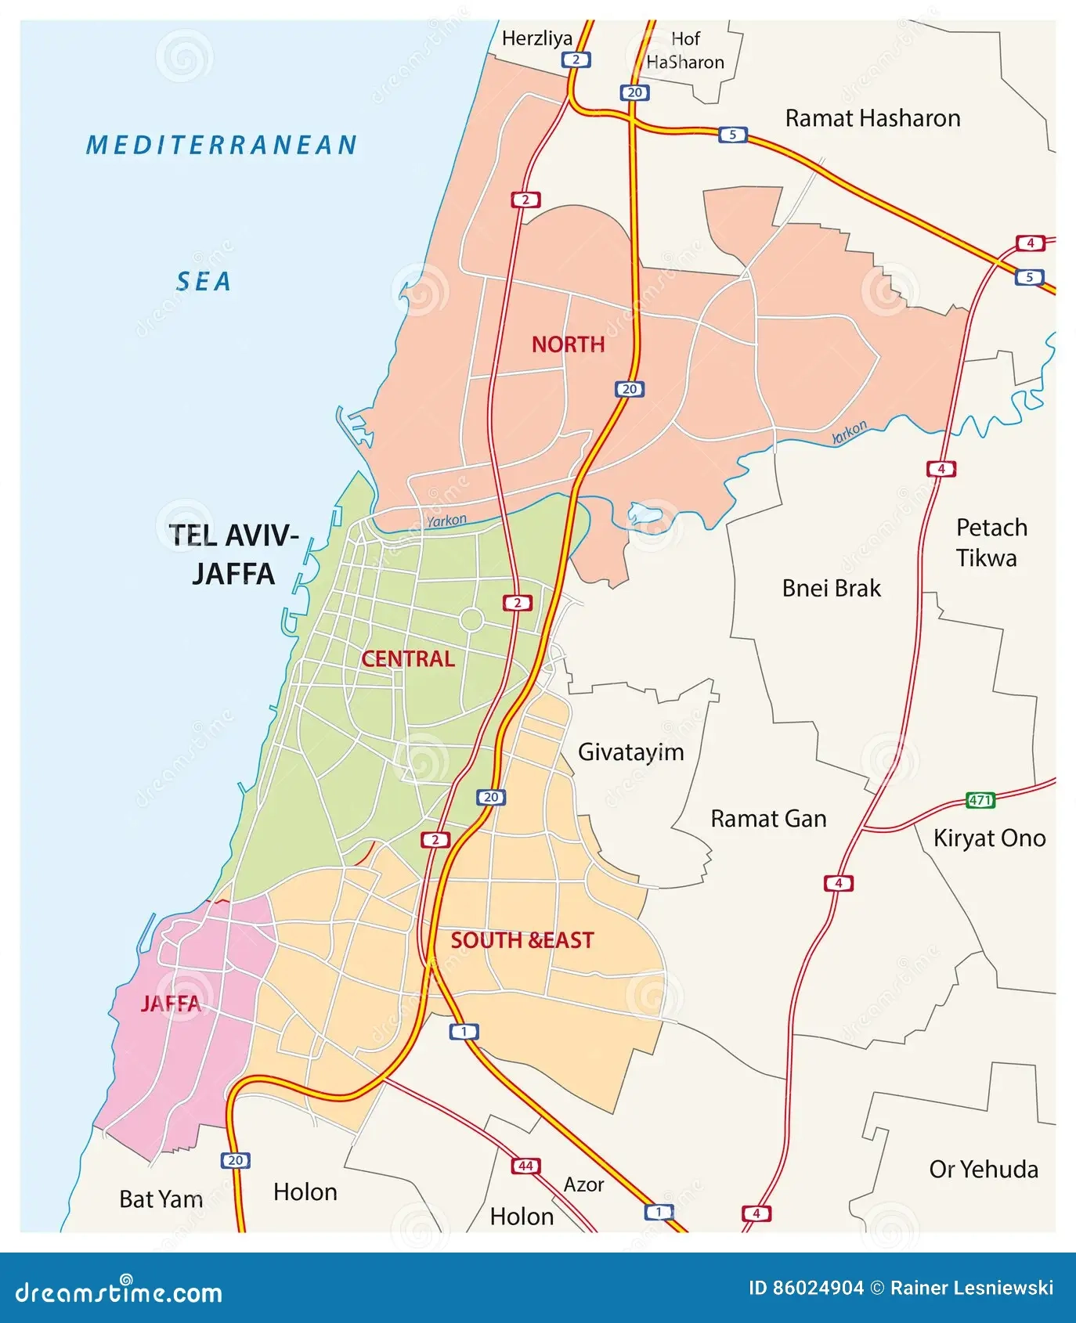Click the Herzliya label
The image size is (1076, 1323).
pos(536,38)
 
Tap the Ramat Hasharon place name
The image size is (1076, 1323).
pos(872,118)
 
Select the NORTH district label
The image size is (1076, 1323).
pos(568,344)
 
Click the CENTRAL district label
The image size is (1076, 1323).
pos(407,658)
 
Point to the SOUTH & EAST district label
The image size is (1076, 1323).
pos(522,940)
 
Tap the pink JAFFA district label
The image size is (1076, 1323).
pos(170,1004)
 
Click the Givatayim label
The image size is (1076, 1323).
pos(630,752)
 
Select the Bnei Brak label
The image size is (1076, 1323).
pos(831,588)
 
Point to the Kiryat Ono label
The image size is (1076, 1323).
pos(989,838)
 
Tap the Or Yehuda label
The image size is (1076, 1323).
pos(984,1170)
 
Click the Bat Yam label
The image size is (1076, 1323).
pos(161,1199)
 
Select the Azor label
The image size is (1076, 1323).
pos(583,1184)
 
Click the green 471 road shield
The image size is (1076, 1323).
pos(980,800)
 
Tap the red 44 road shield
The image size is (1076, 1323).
pos(525,1166)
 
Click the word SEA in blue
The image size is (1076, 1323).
pos(204,282)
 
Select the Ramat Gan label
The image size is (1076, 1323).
pos(768,819)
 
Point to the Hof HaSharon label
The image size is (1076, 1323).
pos(685,50)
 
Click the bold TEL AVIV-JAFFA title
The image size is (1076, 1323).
pos(233,554)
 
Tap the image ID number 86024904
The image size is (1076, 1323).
pos(818,1288)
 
